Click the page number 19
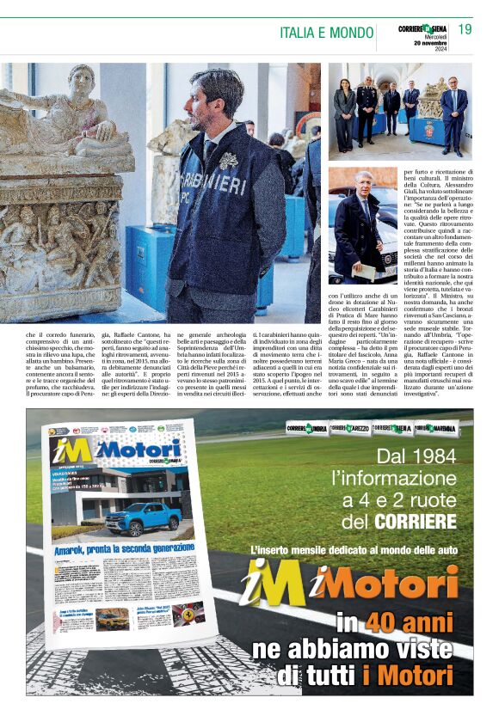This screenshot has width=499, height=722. click(465, 30)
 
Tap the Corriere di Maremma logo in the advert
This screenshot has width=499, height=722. click(436, 428)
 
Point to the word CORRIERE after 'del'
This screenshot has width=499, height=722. click(416, 522)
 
